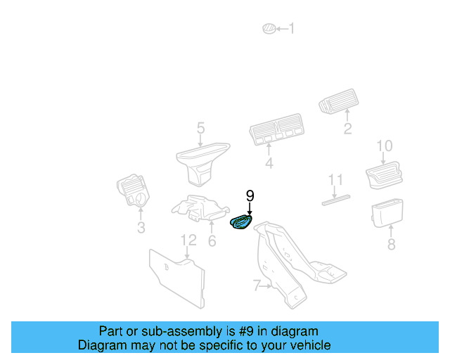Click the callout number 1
coord(292,29)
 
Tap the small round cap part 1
coord(268,29)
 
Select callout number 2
coord(347,129)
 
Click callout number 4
coord(268,164)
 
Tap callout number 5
coord(200,128)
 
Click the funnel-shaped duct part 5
coord(200,161)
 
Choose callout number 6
coord(212,240)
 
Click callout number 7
coord(257,285)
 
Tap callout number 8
coord(391,244)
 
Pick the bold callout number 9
coord(250,195)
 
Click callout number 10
coord(384,146)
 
